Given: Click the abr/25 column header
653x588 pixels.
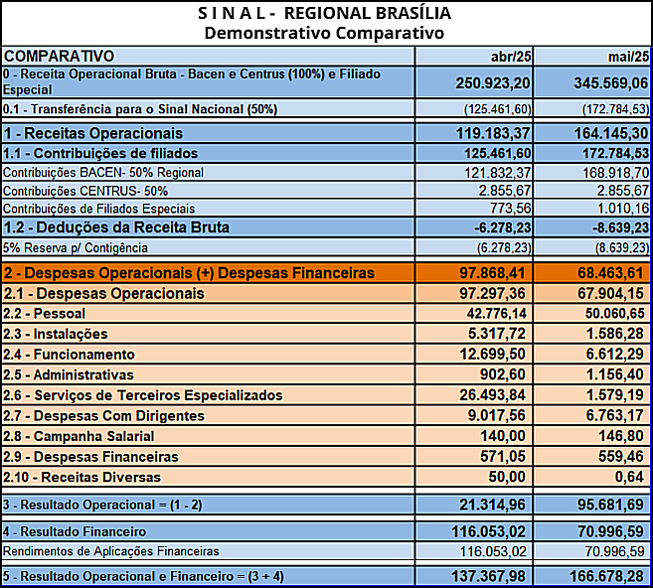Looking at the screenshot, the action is pyautogui.click(x=511, y=57).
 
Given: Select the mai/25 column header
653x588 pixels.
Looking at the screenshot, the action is pyautogui.click(x=628, y=57).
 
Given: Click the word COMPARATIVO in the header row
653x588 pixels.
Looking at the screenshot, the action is pyautogui.click(x=59, y=57).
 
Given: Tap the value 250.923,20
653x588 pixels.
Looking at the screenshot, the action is pyautogui.click(x=493, y=82).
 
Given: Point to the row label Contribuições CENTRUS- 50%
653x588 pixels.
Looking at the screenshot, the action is pyautogui.click(x=85, y=191).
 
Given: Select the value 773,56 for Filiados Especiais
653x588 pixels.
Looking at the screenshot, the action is pyautogui.click(x=510, y=208).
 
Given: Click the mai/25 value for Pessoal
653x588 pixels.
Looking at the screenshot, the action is pyautogui.click(x=614, y=313).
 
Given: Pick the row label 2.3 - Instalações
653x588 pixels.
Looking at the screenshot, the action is pyautogui.click(x=56, y=334).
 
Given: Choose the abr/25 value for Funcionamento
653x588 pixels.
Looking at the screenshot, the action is pyautogui.click(x=493, y=355).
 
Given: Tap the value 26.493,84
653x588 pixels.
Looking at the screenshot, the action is pyautogui.click(x=493, y=395).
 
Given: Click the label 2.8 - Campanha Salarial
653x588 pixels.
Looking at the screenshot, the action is pyautogui.click(x=79, y=436).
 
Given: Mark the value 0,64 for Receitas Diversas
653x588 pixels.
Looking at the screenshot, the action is pyautogui.click(x=629, y=477).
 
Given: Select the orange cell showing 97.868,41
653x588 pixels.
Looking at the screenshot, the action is pyautogui.click(x=474, y=273).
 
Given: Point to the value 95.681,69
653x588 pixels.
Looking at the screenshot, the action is pyautogui.click(x=610, y=505).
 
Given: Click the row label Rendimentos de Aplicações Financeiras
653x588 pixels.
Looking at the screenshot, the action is pyautogui.click(x=110, y=551).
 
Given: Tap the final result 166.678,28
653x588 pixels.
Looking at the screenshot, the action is pyautogui.click(x=607, y=576).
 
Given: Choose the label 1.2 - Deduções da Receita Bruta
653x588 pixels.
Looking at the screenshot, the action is pyautogui.click(x=116, y=227).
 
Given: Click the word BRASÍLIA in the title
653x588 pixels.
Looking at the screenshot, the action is pyautogui.click(x=413, y=13).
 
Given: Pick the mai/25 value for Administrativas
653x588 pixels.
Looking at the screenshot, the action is pyautogui.click(x=615, y=374).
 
